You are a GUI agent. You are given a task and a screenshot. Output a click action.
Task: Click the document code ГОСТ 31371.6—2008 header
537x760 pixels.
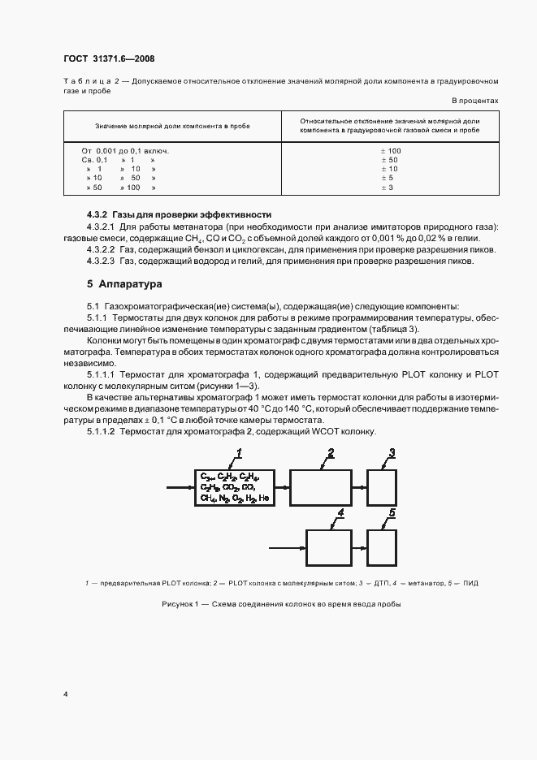(108, 58)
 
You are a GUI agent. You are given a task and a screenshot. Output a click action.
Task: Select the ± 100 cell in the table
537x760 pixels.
(391, 152)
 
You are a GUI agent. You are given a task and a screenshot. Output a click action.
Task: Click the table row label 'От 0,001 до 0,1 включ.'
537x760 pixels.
(125, 152)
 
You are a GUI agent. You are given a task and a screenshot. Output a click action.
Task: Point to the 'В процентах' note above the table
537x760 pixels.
(474, 101)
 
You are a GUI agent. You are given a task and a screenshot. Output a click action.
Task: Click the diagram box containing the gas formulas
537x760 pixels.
(234, 487)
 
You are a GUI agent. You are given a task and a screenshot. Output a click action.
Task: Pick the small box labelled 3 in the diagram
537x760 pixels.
(382, 487)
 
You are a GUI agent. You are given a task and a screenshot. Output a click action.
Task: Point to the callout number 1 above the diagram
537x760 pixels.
(240, 451)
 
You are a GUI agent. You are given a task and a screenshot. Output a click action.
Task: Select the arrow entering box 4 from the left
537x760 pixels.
(287, 542)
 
